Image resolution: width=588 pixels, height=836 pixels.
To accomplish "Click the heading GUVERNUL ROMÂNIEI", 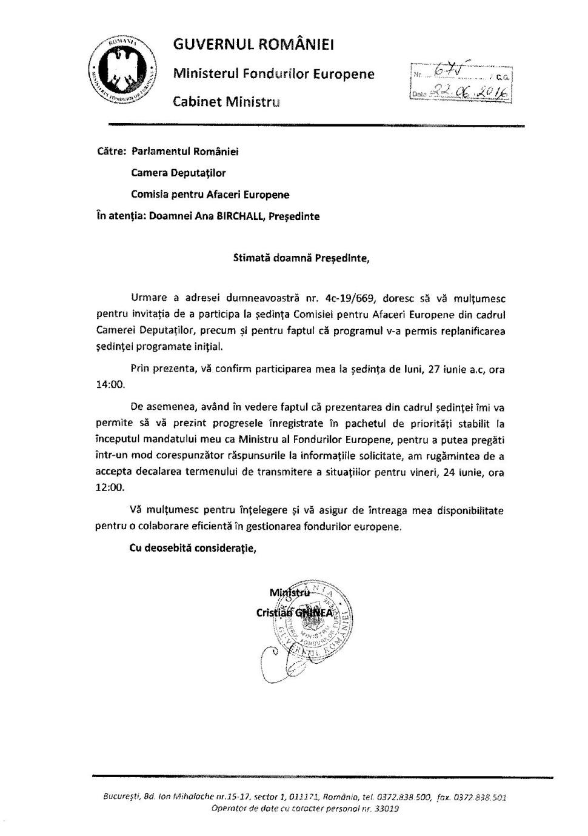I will pyautogui.click(x=253, y=45).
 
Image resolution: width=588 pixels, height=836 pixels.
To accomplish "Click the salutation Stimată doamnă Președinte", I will pyautogui.click(x=301, y=258).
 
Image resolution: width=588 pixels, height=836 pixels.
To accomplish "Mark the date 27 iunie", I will pyautogui.click(x=448, y=369).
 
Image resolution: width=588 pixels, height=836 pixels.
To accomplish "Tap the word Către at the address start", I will pyautogui.click(x=111, y=151).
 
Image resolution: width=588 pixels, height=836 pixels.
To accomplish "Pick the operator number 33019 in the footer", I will pyautogui.click(x=386, y=809).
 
